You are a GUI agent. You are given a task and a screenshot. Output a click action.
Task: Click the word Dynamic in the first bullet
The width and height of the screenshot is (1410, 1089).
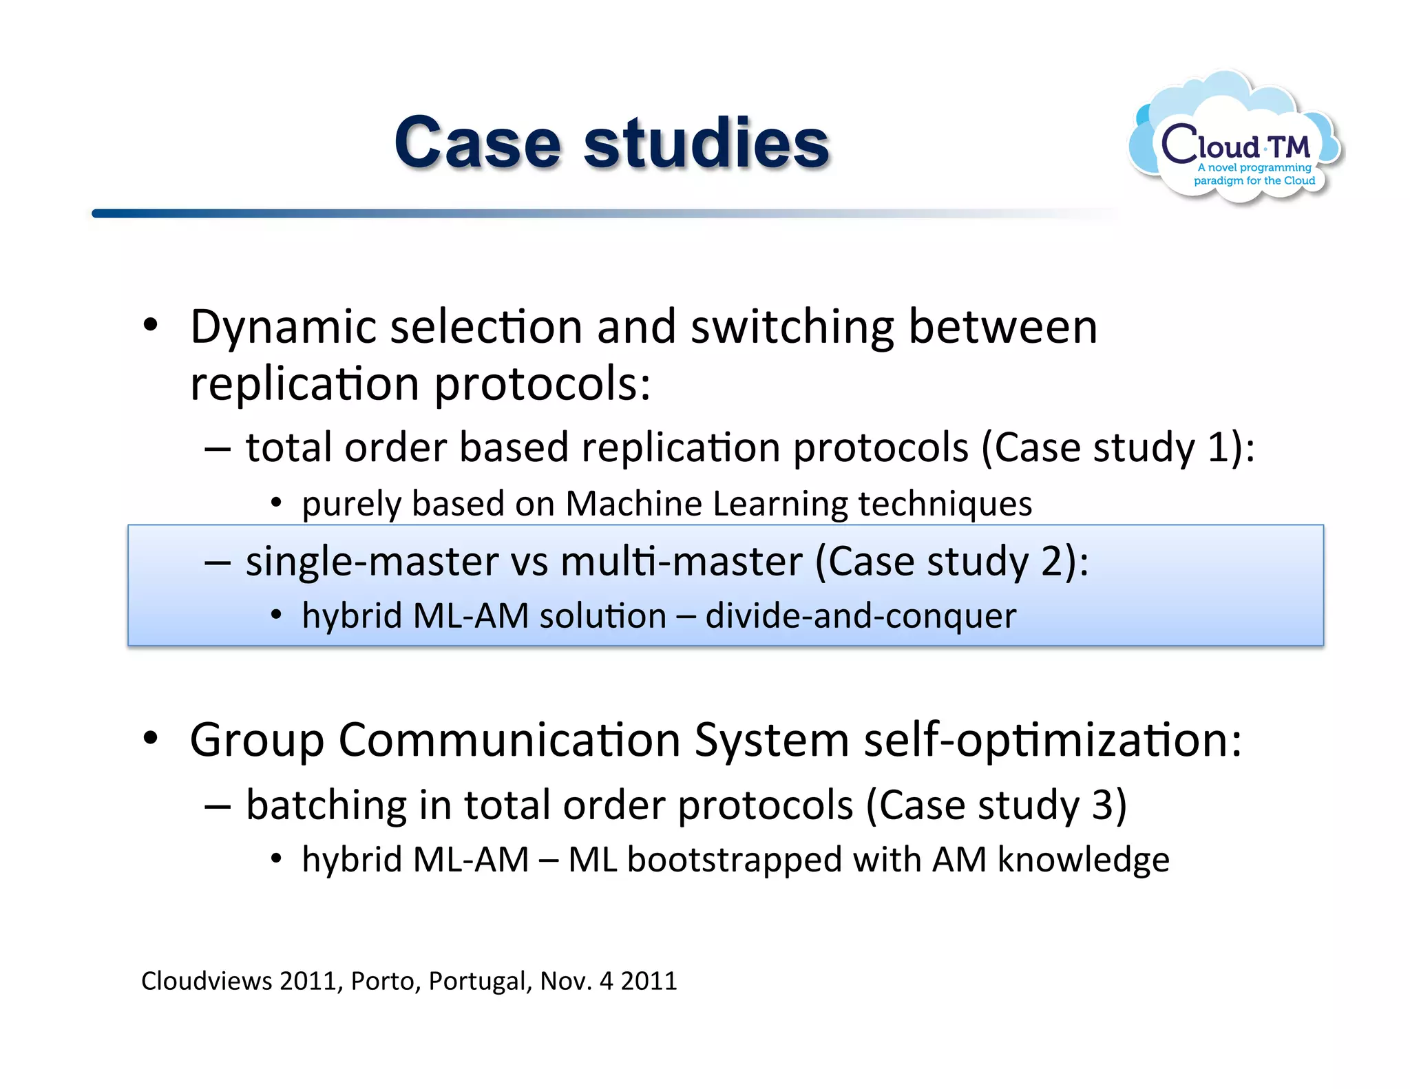[283, 327]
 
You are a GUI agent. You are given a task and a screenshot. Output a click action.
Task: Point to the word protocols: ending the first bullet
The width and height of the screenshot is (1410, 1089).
[543, 384]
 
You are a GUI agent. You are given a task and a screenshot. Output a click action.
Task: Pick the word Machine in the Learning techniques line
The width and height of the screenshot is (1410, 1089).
[635, 504]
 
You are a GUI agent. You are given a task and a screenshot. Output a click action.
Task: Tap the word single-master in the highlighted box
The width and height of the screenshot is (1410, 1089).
[372, 561]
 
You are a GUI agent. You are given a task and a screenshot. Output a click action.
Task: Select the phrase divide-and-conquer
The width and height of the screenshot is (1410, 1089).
[861, 615]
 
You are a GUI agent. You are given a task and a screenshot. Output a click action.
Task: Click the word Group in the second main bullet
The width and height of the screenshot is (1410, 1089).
[256, 740]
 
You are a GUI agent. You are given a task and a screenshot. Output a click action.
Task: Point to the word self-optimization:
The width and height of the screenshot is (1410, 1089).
[1053, 740]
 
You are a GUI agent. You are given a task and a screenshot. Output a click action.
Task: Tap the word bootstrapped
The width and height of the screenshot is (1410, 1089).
[735, 860]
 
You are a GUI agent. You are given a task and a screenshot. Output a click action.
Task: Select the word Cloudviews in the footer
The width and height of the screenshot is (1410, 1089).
[207, 981]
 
